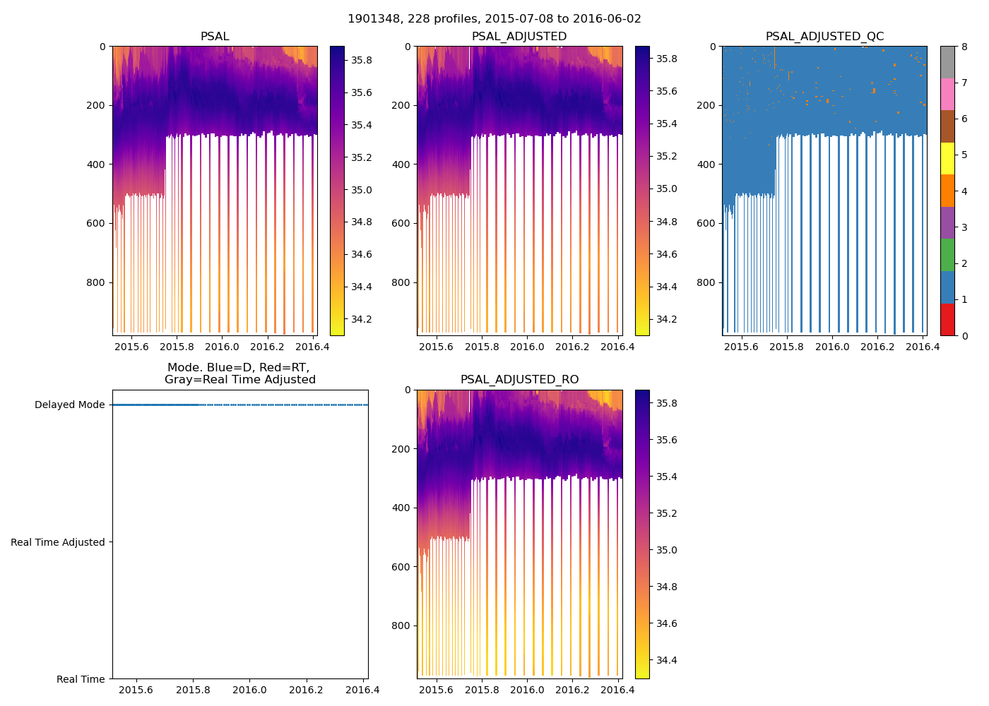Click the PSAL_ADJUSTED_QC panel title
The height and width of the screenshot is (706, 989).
pyautogui.click(x=824, y=37)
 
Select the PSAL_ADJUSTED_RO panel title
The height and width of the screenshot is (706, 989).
pyautogui.click(x=519, y=380)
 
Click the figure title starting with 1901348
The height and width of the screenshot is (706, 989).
pyautogui.click(x=494, y=19)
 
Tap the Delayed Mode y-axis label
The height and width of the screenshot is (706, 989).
pyautogui.click(x=69, y=405)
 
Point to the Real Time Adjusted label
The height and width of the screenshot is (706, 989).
pyautogui.click(x=58, y=542)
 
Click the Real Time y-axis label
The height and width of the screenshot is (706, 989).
pyautogui.click(x=81, y=679)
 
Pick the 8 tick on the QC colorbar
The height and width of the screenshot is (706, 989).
pyautogui.click(x=964, y=47)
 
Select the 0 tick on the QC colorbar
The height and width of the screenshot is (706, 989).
pyautogui.click(x=964, y=335)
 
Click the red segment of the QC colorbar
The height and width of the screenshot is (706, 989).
pyautogui.click(x=947, y=319)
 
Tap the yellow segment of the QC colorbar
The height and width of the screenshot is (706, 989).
pyautogui.click(x=947, y=159)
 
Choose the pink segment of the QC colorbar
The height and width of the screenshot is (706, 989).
pyautogui.click(x=947, y=94)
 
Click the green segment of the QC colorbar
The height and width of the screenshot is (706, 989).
pyautogui.click(x=947, y=255)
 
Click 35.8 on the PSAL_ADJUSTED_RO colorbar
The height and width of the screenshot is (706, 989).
pyautogui.click(x=667, y=404)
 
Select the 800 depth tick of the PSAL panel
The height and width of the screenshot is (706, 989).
pyautogui.click(x=97, y=282)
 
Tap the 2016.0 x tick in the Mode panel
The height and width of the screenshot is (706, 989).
pyautogui.click(x=249, y=690)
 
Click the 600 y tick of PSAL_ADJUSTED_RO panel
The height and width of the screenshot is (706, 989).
pyautogui.click(x=402, y=567)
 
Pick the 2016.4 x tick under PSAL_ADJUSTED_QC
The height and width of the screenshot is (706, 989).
pyautogui.click(x=923, y=347)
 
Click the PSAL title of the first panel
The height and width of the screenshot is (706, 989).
pyautogui.click(x=215, y=37)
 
